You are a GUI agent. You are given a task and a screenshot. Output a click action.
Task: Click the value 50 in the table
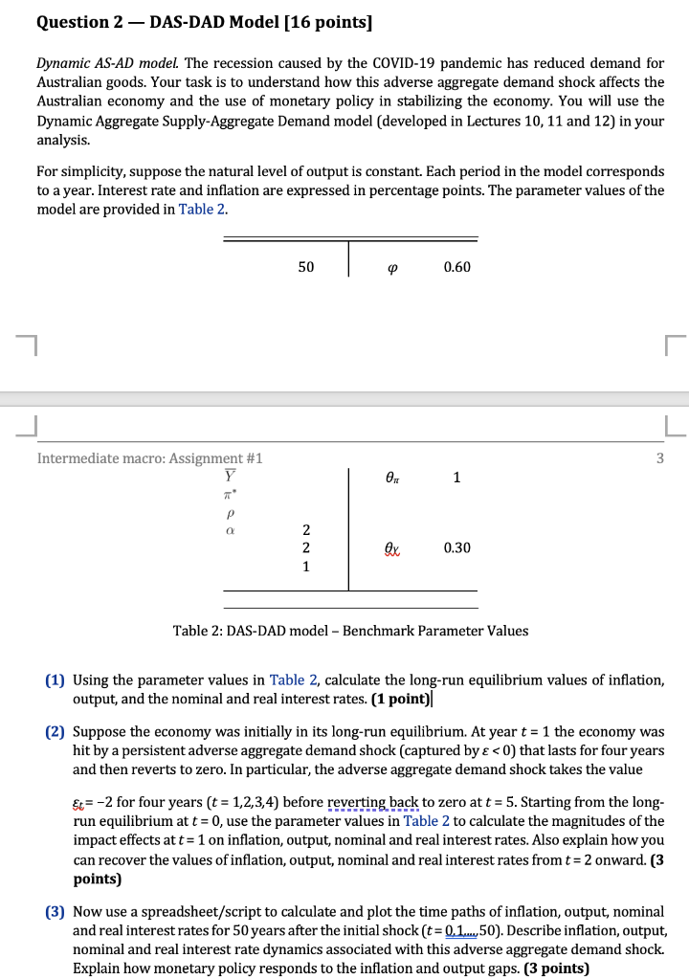(305, 267)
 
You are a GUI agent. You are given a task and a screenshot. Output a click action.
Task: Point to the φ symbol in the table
(393, 267)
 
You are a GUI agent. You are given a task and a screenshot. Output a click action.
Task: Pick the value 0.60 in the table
(456, 267)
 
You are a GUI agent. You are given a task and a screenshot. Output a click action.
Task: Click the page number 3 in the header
(659, 458)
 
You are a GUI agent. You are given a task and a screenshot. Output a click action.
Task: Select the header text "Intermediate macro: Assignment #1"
(149, 458)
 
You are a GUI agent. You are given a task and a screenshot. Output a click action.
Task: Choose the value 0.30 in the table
(456, 547)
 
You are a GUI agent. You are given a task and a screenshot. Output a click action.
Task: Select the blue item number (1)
(56, 680)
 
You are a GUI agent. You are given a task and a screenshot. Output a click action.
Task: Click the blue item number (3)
(56, 912)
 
